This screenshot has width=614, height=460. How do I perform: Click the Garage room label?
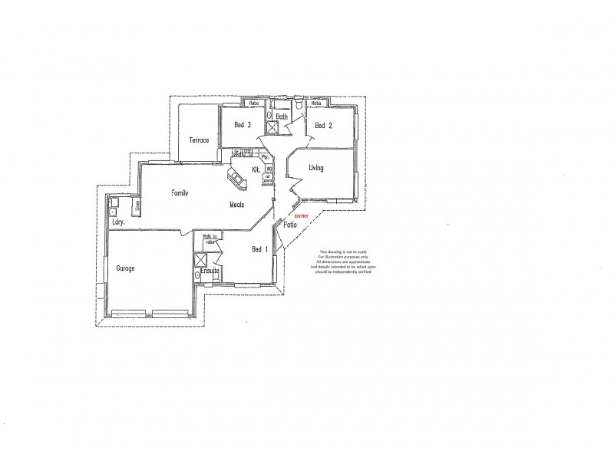[126, 269]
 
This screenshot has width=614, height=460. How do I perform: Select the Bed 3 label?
[243, 125]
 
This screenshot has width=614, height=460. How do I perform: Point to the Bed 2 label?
[323, 125]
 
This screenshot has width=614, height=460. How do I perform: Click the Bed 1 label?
[260, 248]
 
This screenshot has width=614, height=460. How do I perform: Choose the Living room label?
[316, 167]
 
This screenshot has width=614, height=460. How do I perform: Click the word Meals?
[237, 205]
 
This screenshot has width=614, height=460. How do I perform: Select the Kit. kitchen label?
[256, 169]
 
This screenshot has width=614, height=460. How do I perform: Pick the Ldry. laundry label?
[118, 223]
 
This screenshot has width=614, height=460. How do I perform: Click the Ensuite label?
[210, 271]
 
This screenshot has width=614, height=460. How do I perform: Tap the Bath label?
[282, 117]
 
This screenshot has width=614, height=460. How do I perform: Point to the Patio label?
[290, 225]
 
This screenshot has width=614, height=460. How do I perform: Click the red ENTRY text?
[299, 216]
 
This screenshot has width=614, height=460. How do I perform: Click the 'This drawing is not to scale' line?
[338, 251]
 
